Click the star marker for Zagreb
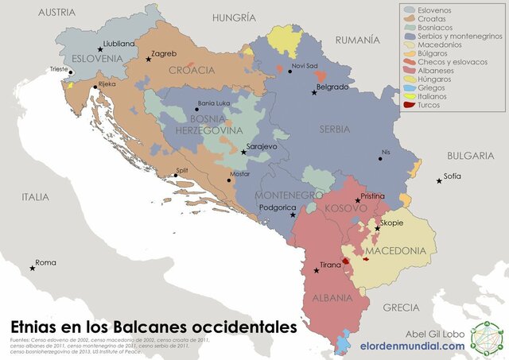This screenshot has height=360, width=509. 148,60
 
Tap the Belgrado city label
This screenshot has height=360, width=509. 332,87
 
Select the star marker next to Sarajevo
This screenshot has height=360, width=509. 243,152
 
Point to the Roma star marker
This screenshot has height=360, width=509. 33,268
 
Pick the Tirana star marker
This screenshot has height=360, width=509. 317,271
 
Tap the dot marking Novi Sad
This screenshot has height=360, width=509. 289,72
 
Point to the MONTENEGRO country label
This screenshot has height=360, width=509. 287,195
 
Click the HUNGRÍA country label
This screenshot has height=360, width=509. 234,17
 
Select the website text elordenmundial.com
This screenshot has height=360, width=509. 412,346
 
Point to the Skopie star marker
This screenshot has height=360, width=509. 377,228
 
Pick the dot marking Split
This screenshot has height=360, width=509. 176,176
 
